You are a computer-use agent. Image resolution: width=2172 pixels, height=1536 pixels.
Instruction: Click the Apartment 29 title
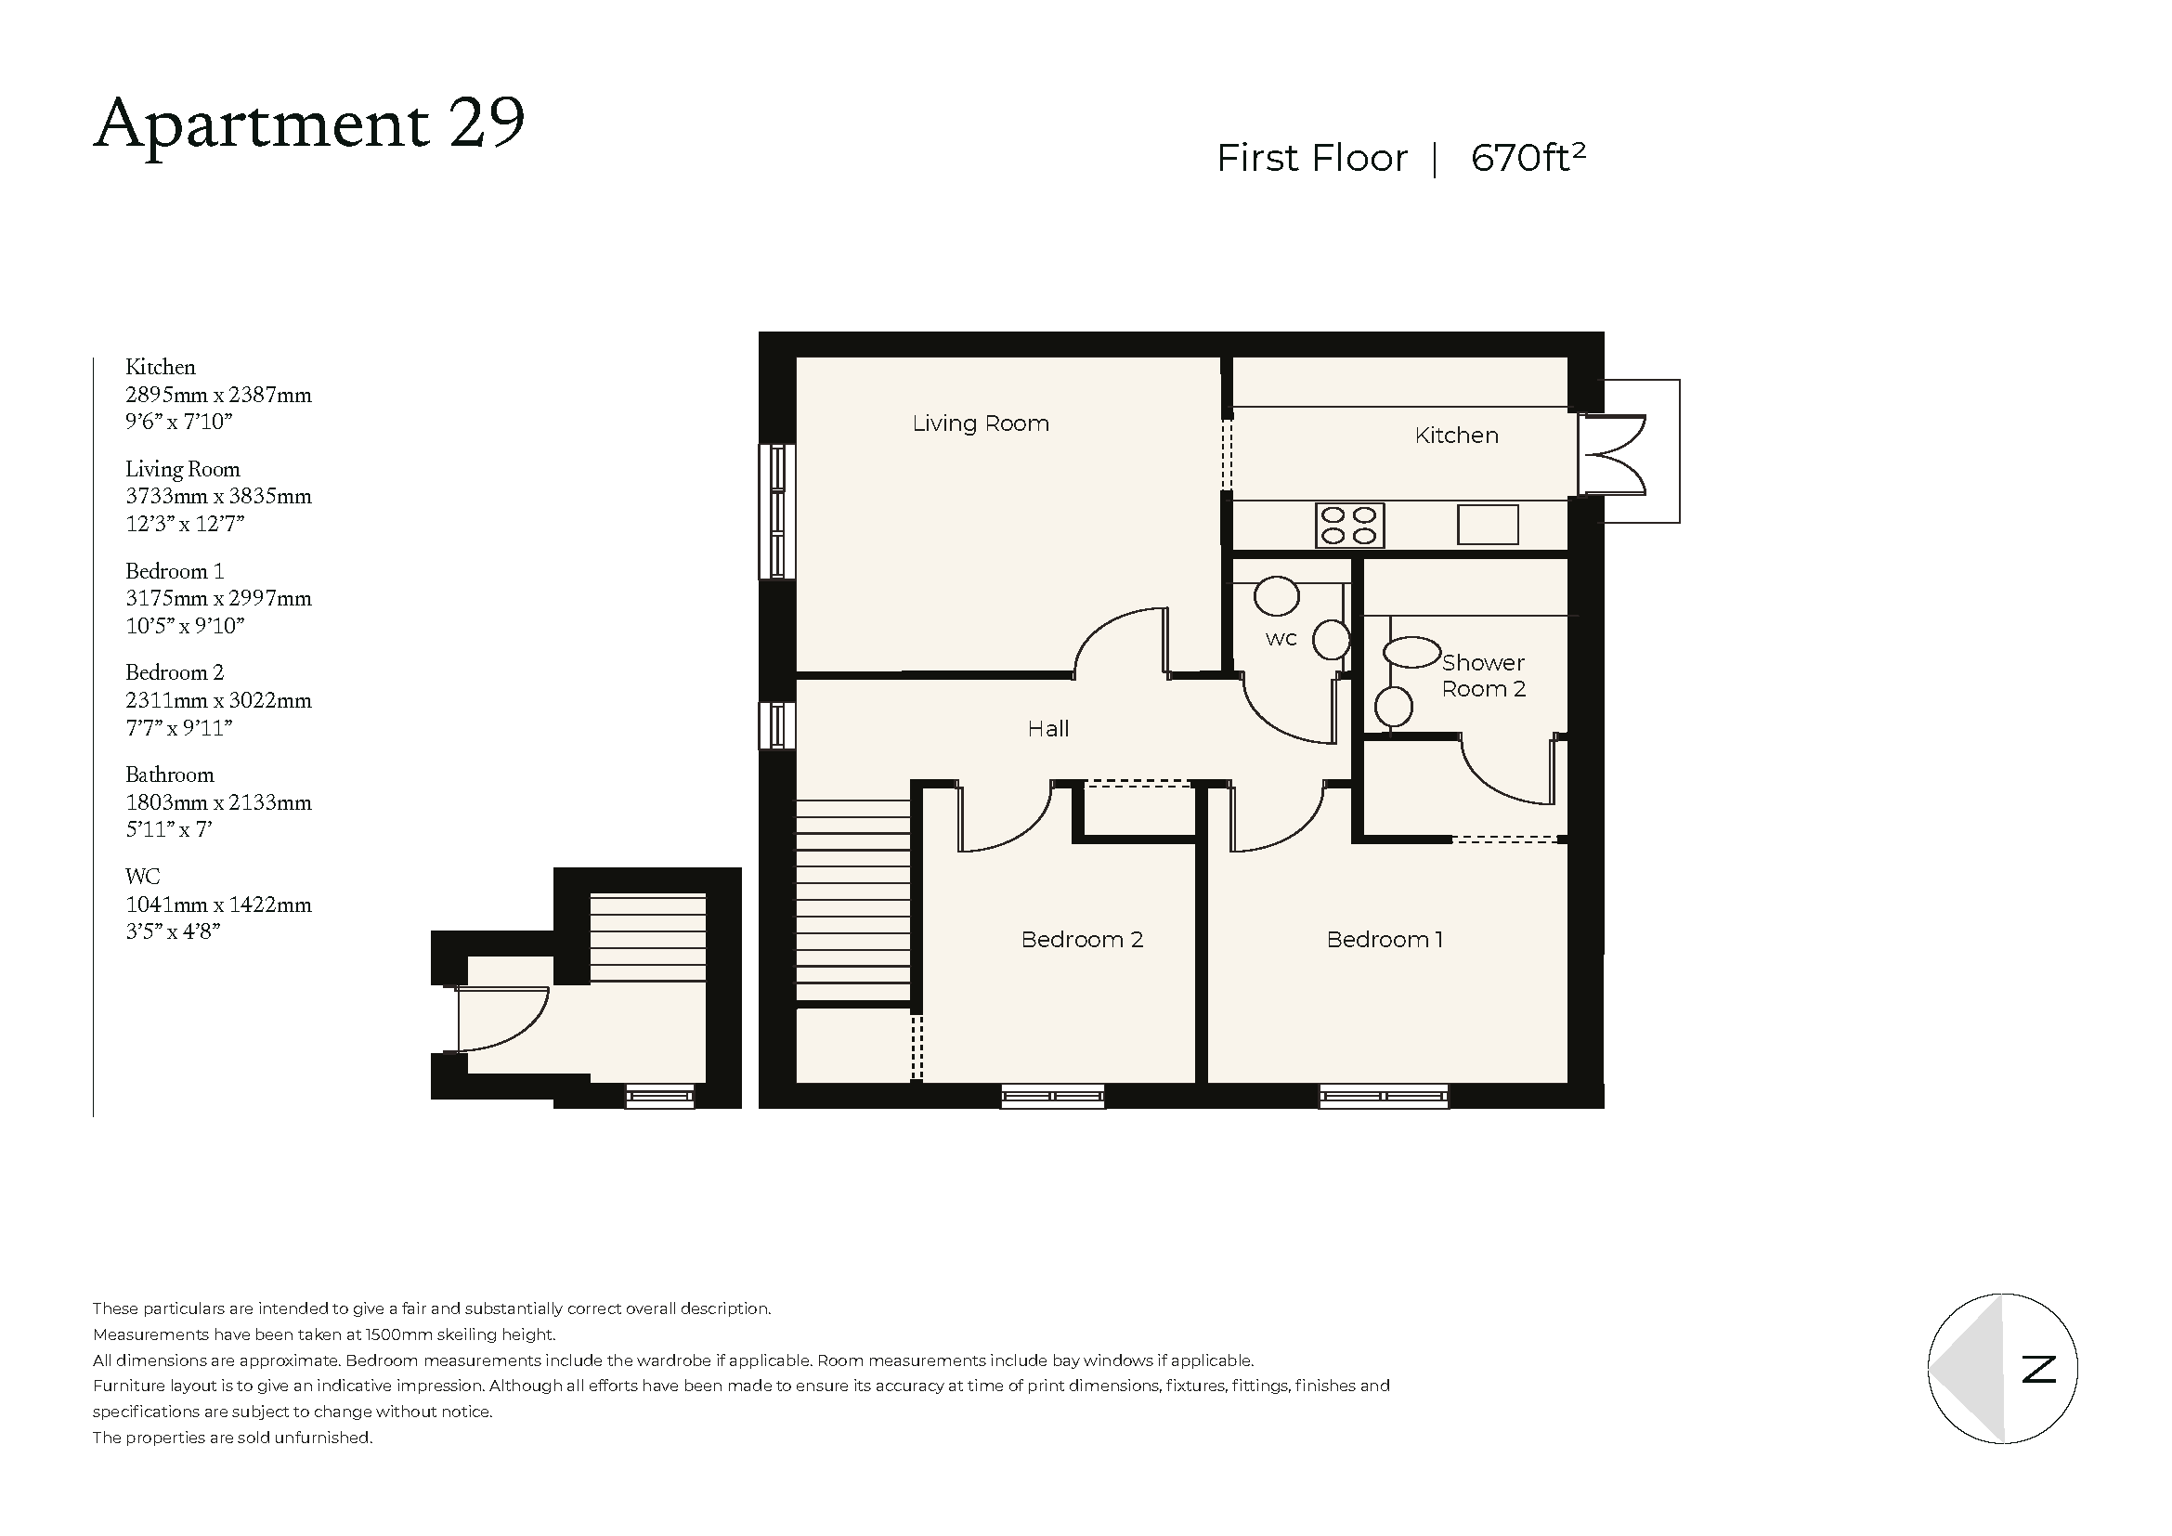point(309,124)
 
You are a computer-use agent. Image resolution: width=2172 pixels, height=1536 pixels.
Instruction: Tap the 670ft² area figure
point(1527,157)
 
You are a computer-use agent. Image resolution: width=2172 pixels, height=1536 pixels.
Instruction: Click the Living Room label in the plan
point(980,423)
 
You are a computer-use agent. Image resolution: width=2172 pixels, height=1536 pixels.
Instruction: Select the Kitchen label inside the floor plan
point(1456,436)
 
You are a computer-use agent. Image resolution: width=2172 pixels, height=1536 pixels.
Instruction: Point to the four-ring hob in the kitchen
point(1349,526)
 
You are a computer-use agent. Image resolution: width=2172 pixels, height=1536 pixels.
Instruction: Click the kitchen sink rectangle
point(1487,525)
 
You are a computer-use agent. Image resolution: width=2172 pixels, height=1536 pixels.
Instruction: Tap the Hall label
point(1048,729)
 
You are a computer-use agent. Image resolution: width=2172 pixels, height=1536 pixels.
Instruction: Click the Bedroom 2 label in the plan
point(1081,940)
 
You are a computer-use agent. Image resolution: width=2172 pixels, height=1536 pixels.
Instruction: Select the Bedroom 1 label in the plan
point(1384,940)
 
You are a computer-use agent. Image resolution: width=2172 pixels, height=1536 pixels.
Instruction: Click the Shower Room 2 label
point(1482,676)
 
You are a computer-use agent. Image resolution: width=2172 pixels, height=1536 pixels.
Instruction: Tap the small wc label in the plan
point(1280,639)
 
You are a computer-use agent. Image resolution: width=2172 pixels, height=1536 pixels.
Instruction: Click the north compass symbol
point(2002,1369)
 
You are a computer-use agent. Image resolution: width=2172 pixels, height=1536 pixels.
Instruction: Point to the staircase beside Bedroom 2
point(852,899)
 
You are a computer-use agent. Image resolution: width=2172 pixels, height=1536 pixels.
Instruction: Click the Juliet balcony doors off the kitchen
point(1613,454)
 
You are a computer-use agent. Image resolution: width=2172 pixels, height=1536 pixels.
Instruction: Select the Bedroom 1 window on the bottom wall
point(1383,1097)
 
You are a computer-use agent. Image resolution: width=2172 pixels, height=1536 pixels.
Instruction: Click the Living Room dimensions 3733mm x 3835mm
point(218,497)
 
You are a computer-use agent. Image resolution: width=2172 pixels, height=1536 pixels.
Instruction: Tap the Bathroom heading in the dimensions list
point(169,775)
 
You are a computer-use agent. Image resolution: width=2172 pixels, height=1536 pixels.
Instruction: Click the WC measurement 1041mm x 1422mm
point(218,905)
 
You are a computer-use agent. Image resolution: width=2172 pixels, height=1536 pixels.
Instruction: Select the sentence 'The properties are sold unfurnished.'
point(233,1438)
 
